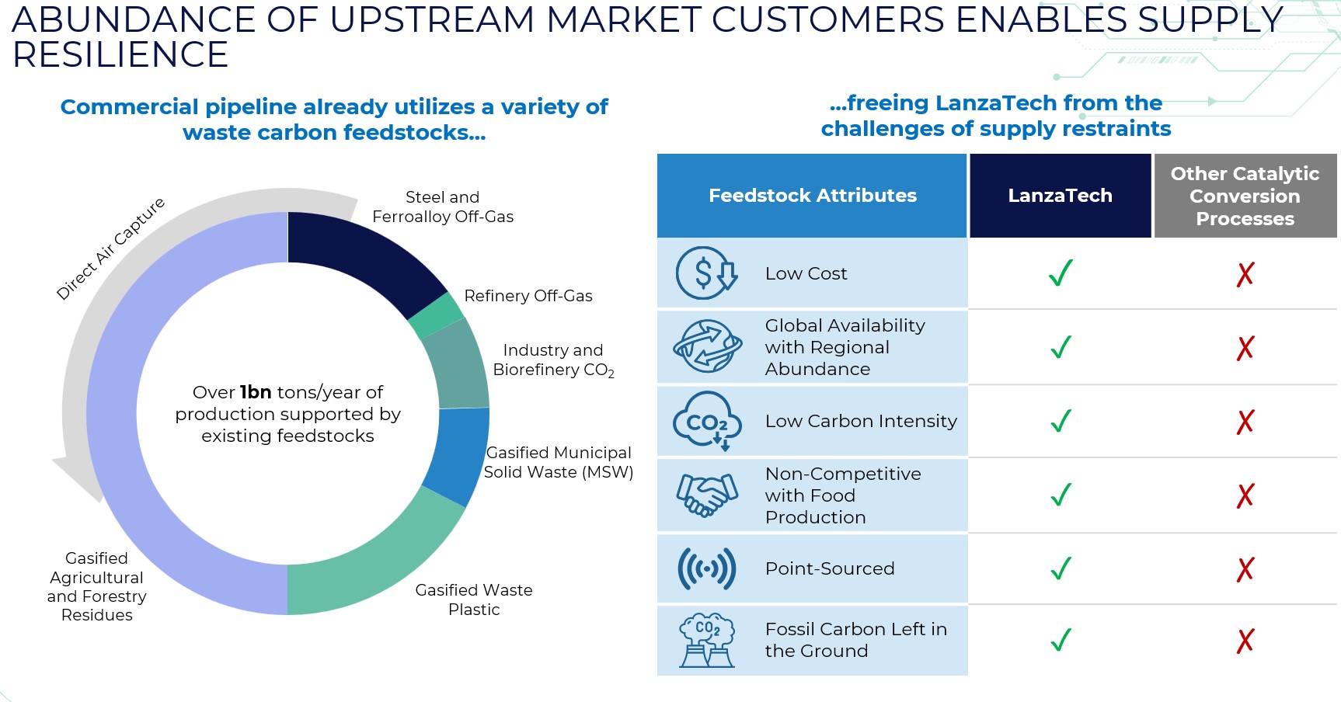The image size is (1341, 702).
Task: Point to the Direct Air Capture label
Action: click(x=110, y=248)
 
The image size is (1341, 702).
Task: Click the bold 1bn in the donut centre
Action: click(x=256, y=392)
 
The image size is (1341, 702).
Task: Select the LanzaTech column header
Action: click(x=1060, y=196)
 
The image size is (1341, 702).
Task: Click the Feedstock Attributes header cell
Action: click(x=812, y=196)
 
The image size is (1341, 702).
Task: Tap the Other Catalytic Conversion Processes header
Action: click(x=1245, y=196)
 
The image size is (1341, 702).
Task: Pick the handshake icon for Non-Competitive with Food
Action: click(x=705, y=495)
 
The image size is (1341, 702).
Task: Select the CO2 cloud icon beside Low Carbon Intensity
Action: click(x=705, y=421)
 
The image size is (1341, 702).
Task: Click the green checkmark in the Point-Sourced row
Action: click(x=1061, y=568)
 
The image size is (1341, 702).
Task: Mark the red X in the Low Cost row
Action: click(x=1245, y=273)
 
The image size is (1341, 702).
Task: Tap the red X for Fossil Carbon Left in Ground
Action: click(x=1245, y=641)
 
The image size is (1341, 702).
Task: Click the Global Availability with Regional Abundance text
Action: click(x=845, y=347)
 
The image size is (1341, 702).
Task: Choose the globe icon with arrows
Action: click(x=705, y=346)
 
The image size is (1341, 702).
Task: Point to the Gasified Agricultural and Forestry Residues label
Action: click(x=96, y=586)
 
